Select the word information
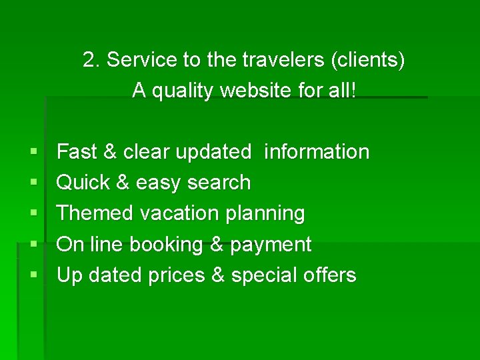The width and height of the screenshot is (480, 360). tap(317, 152)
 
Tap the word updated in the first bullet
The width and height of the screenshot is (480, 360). tap(213, 152)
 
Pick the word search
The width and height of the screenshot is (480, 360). tap(219, 183)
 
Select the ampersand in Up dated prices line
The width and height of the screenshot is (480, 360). tap(217, 275)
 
